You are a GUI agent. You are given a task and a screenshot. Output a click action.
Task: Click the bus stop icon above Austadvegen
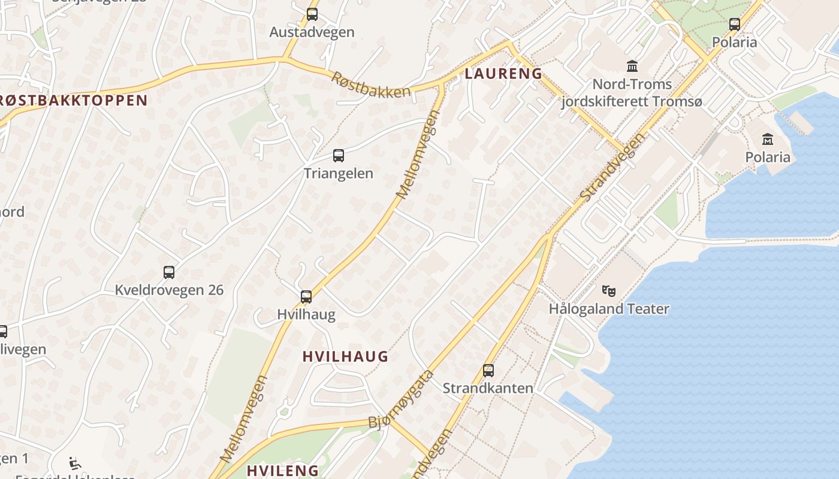[x=312, y=14]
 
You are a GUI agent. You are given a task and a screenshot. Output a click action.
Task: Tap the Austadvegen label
[x=312, y=32]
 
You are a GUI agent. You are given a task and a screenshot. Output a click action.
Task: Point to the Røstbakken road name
[x=372, y=84]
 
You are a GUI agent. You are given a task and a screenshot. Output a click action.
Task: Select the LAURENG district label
[x=503, y=74]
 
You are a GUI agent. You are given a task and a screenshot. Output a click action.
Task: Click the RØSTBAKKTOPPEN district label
[x=72, y=100]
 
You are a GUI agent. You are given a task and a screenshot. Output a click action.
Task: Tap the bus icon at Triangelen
[x=339, y=156]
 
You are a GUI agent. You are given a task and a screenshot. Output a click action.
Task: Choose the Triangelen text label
[x=339, y=174]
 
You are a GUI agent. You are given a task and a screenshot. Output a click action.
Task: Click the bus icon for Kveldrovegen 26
[x=169, y=272]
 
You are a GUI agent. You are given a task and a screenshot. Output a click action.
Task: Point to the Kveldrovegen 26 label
[x=169, y=290]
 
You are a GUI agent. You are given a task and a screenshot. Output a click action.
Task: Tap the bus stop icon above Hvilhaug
[x=306, y=296]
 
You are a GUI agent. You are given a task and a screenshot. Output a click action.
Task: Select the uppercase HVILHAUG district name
[x=345, y=357]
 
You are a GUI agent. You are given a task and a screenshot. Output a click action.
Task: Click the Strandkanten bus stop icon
[x=488, y=371]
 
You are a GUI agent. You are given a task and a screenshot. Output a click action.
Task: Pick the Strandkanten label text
[x=488, y=388]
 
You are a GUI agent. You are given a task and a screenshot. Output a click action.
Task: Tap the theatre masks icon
[x=609, y=291]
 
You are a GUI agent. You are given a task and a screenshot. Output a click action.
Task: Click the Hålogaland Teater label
[x=609, y=309]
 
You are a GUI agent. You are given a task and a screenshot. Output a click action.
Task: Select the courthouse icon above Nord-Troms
[x=632, y=66]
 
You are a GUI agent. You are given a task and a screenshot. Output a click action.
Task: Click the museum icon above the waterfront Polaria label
[x=768, y=140]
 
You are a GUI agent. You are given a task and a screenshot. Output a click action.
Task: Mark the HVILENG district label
[x=283, y=471]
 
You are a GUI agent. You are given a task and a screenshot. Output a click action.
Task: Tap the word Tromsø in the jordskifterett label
[x=673, y=102]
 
